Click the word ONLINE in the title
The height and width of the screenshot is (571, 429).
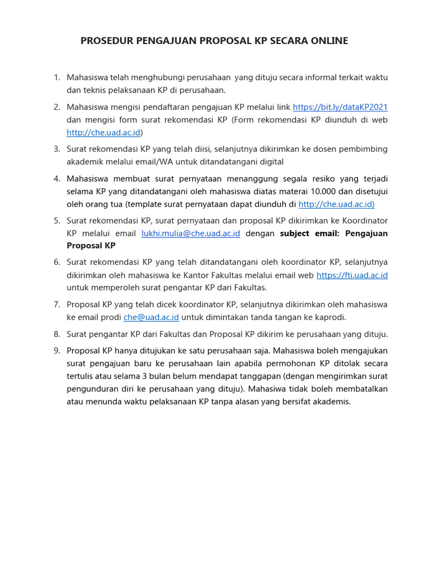click(x=328, y=41)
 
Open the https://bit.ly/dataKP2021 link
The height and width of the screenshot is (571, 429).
click(x=340, y=107)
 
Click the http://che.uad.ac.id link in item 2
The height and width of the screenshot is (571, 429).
click(x=103, y=132)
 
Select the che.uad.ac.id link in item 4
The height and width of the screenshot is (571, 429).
click(x=336, y=204)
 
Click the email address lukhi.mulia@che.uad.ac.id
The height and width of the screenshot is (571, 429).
click(x=191, y=233)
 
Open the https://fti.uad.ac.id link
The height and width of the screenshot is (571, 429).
click(x=352, y=275)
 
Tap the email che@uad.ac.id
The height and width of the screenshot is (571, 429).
click(x=151, y=317)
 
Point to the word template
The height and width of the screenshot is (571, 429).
click(x=145, y=204)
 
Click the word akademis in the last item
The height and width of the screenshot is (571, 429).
click(x=331, y=401)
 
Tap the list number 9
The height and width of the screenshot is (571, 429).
click(x=56, y=351)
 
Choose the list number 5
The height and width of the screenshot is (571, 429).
click(x=56, y=221)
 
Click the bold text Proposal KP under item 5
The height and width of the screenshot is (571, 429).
click(x=91, y=246)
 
